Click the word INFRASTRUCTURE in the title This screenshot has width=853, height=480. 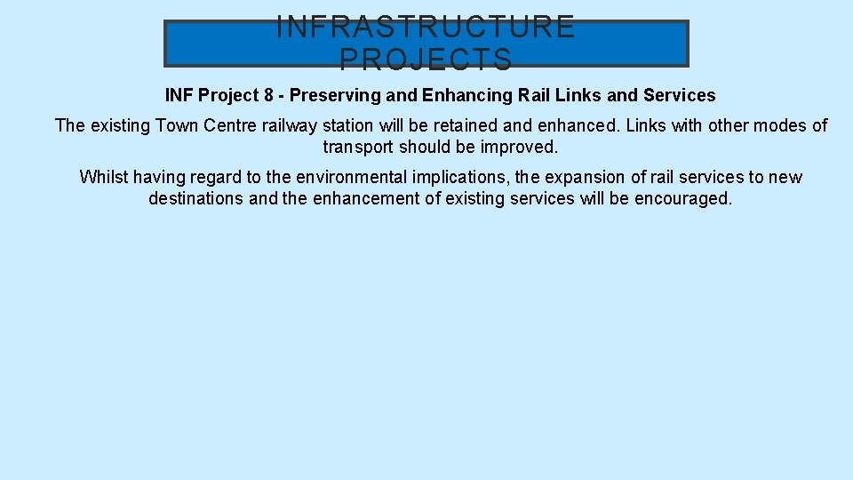click(426, 27)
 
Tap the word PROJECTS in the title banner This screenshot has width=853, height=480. click(426, 60)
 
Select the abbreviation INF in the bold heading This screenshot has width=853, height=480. click(180, 95)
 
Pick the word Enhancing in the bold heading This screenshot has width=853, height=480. click(463, 95)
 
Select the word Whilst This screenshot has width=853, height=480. click(104, 177)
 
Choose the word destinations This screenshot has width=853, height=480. click(196, 198)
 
